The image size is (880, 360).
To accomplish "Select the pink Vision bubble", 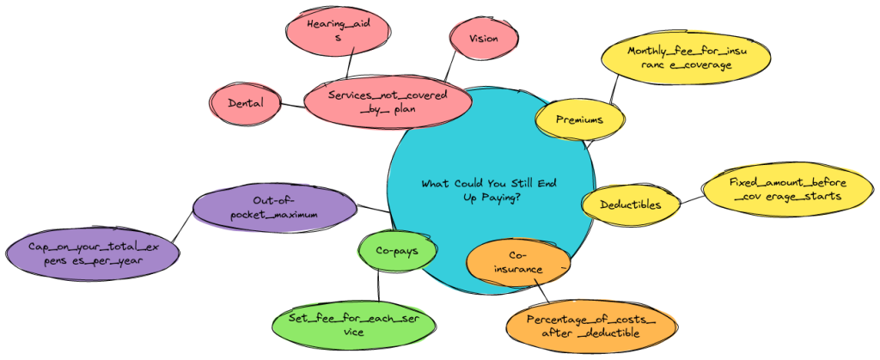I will pyautogui.click(x=483, y=39).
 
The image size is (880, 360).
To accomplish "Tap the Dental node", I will pyautogui.click(x=246, y=104).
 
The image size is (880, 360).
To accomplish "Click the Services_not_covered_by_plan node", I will pyautogui.click(x=388, y=104).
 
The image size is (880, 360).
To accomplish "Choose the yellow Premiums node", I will pyautogui.click(x=578, y=120).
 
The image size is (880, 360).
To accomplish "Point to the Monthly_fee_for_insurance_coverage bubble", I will pyautogui.click(x=686, y=58).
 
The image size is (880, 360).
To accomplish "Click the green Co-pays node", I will pyautogui.click(x=395, y=251).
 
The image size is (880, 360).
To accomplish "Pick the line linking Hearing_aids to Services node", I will pyautogui.click(x=347, y=65).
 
